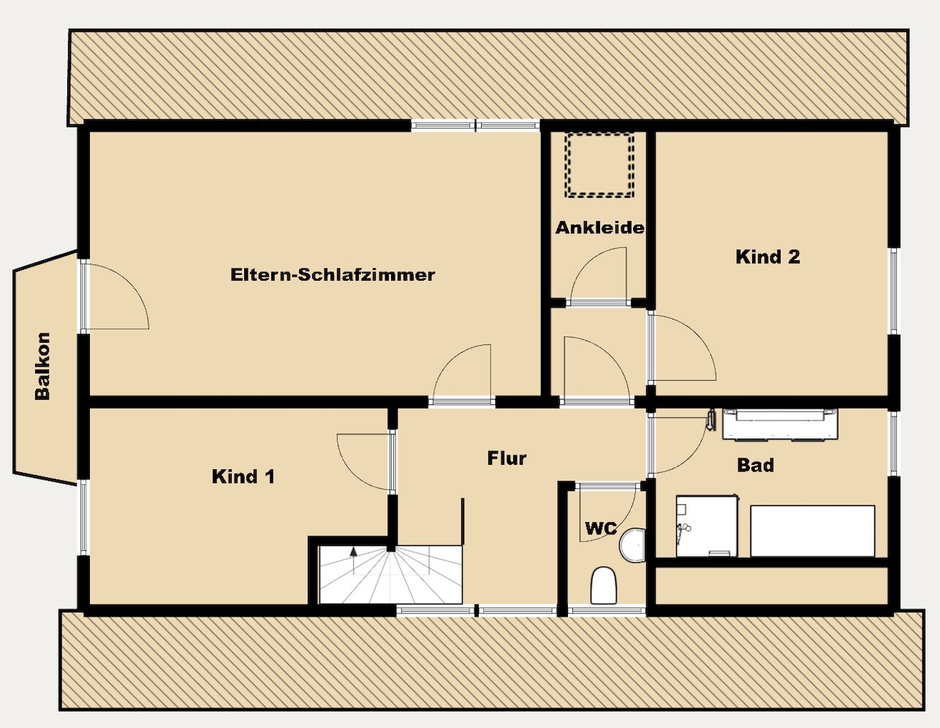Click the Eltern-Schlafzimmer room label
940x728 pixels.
[x=333, y=275]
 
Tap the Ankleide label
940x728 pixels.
[x=599, y=227]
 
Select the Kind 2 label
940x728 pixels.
[x=767, y=257]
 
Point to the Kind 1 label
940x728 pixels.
[x=243, y=477]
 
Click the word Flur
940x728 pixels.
[x=507, y=458]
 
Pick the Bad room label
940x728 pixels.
[x=755, y=465]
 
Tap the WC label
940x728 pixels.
[x=601, y=528]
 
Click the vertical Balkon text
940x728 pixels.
[x=43, y=366]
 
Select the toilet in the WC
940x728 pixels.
[x=604, y=585]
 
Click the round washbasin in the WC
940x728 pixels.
[x=633, y=545]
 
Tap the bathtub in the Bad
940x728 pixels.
[x=812, y=531]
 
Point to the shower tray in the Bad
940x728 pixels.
[x=707, y=526]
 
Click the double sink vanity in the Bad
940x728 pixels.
[x=780, y=425]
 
